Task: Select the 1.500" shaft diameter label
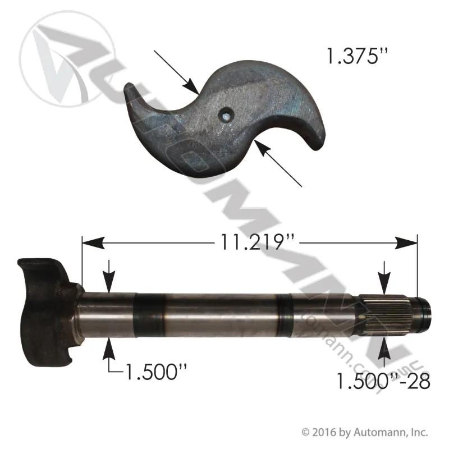[156, 372]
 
